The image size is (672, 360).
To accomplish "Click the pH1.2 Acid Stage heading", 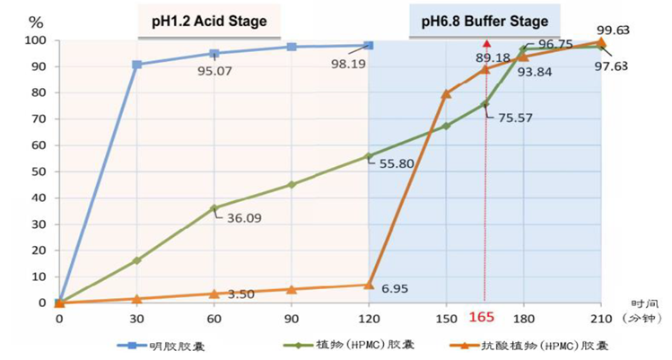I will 208,20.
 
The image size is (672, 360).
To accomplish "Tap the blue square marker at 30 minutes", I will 136,65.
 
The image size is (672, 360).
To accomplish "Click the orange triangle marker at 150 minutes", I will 446,94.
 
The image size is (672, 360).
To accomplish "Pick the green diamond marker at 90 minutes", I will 292,185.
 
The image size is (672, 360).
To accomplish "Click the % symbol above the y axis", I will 35,21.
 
